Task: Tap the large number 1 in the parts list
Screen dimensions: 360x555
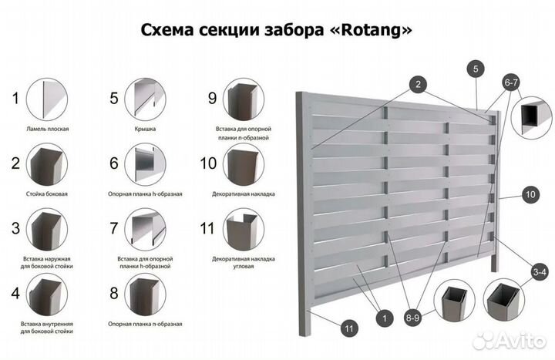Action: click(x=14, y=98)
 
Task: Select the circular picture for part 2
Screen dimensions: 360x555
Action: click(x=48, y=163)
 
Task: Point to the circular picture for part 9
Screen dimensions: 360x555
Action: click(x=244, y=99)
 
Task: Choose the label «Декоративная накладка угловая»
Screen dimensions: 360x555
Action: click(x=244, y=259)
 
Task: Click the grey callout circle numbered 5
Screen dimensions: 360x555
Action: click(x=476, y=69)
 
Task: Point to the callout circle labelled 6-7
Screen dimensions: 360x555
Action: click(x=511, y=81)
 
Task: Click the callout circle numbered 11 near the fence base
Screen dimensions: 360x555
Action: click(x=349, y=329)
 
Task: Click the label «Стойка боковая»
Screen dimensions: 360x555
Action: click(x=48, y=193)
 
